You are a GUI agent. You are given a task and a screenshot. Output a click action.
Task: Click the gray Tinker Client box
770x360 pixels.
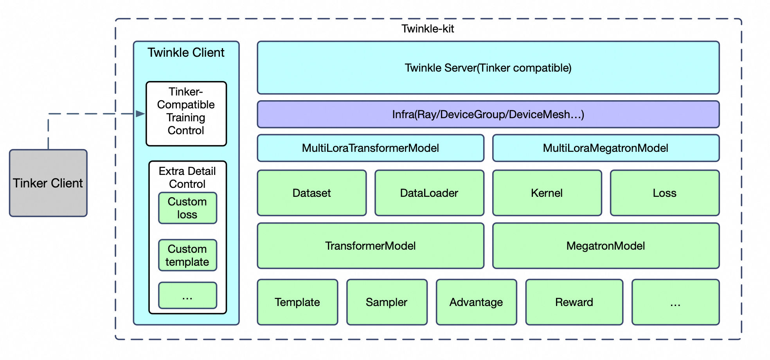click(48, 183)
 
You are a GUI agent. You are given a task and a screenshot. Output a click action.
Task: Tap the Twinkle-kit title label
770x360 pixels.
click(428, 29)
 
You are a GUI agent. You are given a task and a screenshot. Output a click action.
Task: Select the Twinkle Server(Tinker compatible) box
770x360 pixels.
click(488, 68)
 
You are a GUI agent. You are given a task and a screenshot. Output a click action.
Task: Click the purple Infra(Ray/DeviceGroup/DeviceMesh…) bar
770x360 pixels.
click(488, 114)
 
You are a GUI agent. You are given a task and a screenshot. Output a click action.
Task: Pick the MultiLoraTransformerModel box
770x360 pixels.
click(370, 148)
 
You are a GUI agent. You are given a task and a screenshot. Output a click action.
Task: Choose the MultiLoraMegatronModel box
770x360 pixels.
click(605, 148)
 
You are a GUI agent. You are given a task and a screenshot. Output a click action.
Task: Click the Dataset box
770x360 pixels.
click(311, 193)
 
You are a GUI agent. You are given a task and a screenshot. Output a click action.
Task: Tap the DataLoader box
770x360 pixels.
click(429, 193)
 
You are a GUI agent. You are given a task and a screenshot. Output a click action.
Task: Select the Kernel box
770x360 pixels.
click(547, 193)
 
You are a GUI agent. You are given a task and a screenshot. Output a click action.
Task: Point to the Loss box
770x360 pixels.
click(664, 193)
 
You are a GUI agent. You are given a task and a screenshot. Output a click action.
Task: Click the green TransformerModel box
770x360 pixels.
click(370, 246)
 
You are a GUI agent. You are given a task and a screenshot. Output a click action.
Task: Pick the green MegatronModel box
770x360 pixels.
click(605, 246)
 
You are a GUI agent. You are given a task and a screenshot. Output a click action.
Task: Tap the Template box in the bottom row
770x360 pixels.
click(297, 302)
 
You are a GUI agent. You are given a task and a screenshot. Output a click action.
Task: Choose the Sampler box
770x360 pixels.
click(387, 302)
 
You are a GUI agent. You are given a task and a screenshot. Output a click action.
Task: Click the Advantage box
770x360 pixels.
click(476, 302)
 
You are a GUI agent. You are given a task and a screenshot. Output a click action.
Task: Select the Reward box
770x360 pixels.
click(574, 302)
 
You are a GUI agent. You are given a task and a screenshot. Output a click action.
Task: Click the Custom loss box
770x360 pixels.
click(187, 208)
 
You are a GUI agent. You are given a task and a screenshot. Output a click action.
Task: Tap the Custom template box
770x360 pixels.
click(187, 255)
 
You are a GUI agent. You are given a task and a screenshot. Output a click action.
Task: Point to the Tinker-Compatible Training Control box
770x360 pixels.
click(186, 113)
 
